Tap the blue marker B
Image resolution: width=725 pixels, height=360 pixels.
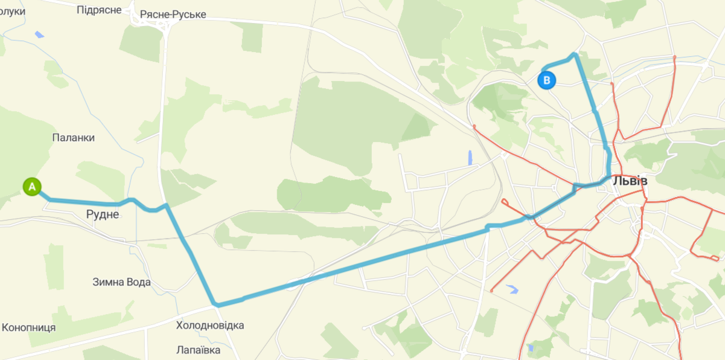pos(546,80)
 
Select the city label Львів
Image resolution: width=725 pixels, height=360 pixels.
pos(630,181)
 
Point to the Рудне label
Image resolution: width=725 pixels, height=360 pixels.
pos(103,214)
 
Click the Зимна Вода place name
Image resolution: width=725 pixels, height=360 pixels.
pos(121,282)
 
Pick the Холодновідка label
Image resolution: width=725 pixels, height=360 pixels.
pos(210,326)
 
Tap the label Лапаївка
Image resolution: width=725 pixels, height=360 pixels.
pos(199,350)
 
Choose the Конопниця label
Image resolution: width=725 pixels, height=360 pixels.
pos(29,327)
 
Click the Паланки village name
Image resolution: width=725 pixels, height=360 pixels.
pos(74,138)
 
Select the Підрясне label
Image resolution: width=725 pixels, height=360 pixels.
pos(100,10)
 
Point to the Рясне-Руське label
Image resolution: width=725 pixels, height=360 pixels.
pos(173,14)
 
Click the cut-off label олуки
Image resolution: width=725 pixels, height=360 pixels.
pos(13,11)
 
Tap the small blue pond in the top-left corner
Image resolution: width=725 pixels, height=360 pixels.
pos(39,34)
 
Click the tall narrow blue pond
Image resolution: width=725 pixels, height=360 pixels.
pos(470,158)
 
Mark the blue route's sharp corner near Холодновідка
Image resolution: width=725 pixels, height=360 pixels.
pos(214,304)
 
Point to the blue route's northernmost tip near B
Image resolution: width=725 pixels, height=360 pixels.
pos(575,55)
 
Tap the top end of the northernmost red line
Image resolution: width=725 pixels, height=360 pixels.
pos(674,58)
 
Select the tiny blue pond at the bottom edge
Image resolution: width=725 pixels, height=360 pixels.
pos(530,348)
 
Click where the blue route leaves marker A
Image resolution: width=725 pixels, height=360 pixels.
pos(41,193)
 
